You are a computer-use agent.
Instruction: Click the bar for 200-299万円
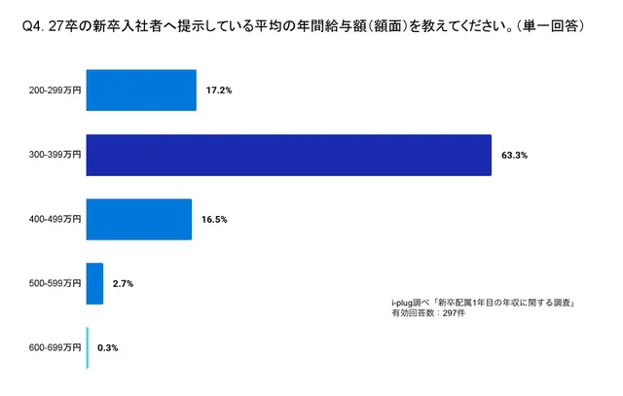[x=141, y=90]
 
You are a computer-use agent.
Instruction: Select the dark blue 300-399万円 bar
[x=288, y=154]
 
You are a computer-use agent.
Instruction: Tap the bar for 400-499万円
[x=138, y=219]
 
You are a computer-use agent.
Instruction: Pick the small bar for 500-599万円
[x=94, y=283]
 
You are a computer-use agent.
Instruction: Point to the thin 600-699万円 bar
[x=88, y=347]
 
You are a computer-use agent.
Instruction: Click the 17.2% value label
[x=219, y=90]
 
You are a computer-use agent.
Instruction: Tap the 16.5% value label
[x=214, y=219]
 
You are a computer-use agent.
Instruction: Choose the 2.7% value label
[x=123, y=283]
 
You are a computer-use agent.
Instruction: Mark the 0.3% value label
[x=107, y=347]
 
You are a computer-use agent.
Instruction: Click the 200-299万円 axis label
[x=56, y=90]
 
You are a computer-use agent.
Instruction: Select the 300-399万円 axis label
[x=56, y=154]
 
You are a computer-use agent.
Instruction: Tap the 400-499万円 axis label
[x=56, y=219]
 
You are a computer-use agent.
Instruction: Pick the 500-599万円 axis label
[x=56, y=283]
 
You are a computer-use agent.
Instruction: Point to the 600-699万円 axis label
[x=56, y=347]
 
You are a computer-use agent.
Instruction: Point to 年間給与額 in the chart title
[x=326, y=28]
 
